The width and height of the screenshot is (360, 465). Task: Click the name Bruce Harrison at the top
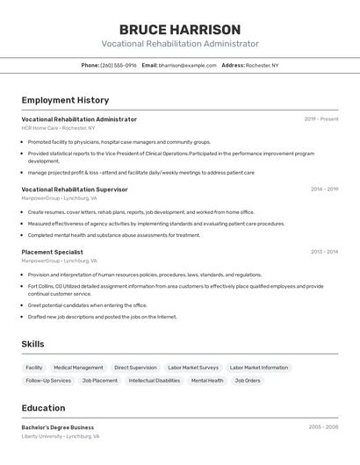point(180,30)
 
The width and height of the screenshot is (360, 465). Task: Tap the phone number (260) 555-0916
point(118,65)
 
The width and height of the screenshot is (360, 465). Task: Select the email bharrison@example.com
point(188,65)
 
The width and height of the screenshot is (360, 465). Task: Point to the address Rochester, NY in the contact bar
point(263,65)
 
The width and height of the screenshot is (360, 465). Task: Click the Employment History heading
point(65,100)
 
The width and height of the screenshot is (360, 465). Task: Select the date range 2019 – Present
point(321,119)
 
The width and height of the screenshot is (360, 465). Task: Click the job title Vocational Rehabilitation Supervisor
point(75,189)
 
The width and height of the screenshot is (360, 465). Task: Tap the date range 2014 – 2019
point(324,189)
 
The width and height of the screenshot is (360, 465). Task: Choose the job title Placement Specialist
point(52,252)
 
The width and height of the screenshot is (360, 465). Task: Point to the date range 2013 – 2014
point(324,252)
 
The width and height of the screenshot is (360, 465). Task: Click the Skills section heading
point(32,344)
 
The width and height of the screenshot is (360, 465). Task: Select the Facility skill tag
point(34,368)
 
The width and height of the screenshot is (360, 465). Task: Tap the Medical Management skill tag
point(78,368)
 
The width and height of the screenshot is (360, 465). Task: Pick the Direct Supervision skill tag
point(135,368)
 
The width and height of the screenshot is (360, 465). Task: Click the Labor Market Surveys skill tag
point(193,368)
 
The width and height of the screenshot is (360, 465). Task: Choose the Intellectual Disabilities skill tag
point(154,381)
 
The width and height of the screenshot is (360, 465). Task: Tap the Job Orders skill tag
point(247,381)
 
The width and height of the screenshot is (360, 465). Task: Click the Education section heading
point(43,408)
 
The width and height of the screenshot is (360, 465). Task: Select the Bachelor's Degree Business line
point(58,427)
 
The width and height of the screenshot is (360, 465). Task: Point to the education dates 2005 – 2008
point(323,427)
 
